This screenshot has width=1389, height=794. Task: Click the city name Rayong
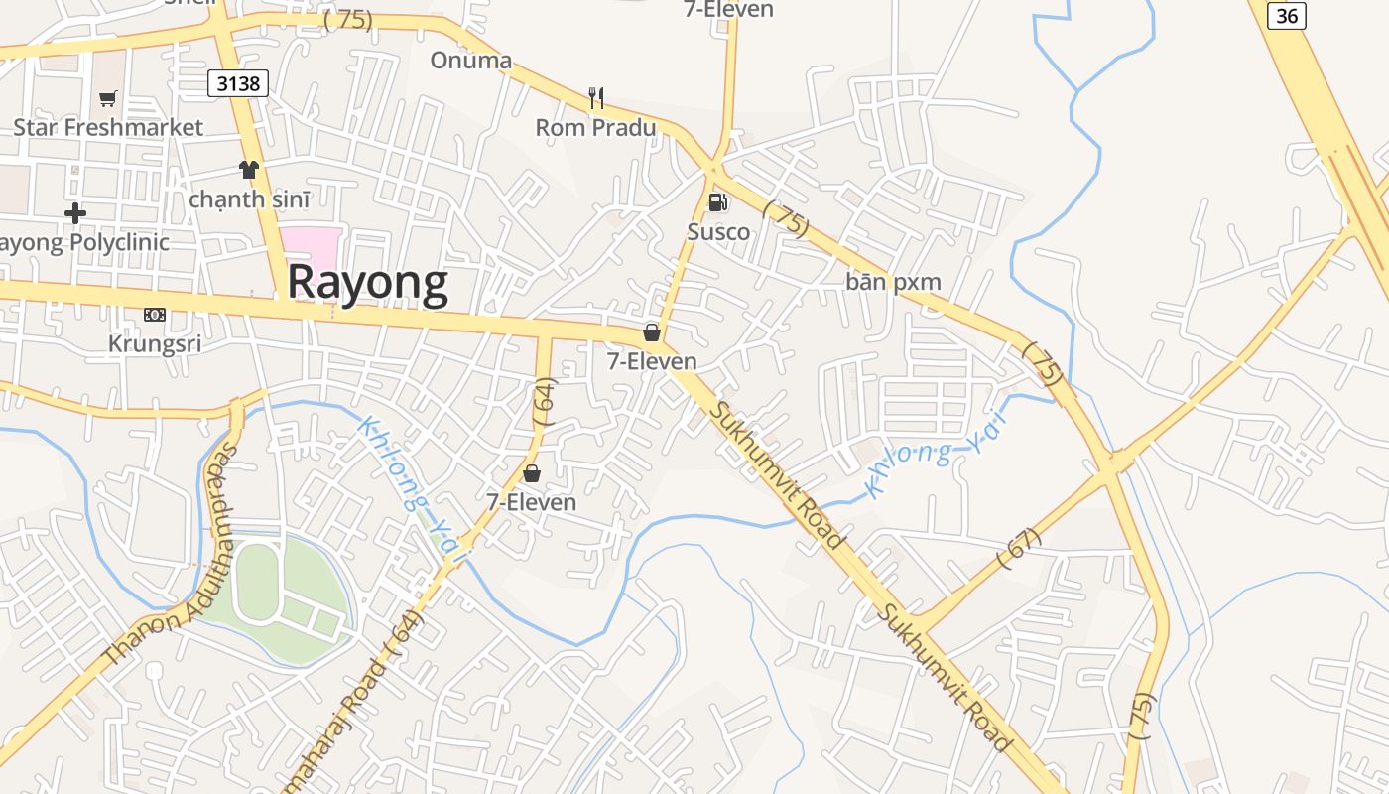367,283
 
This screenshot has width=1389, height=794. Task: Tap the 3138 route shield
238,83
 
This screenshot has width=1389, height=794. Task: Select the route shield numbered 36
1287,15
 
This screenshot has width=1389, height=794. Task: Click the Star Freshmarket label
107,127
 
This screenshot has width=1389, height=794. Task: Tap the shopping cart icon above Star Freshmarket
107,98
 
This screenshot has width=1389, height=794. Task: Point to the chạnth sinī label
249,198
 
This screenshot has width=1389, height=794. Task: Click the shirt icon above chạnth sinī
248,170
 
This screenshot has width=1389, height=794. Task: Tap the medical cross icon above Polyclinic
75,213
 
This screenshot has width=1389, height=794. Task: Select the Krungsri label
155,343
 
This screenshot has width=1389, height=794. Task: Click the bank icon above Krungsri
154,315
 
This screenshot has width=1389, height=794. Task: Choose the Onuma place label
470,61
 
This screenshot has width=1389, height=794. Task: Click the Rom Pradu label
595,127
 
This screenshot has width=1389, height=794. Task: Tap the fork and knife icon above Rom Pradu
595,97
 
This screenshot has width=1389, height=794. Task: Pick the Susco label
718,232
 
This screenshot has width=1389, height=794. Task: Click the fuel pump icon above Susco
716,202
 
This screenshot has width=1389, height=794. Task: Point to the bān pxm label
893,282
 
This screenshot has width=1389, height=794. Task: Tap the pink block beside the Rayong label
311,247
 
